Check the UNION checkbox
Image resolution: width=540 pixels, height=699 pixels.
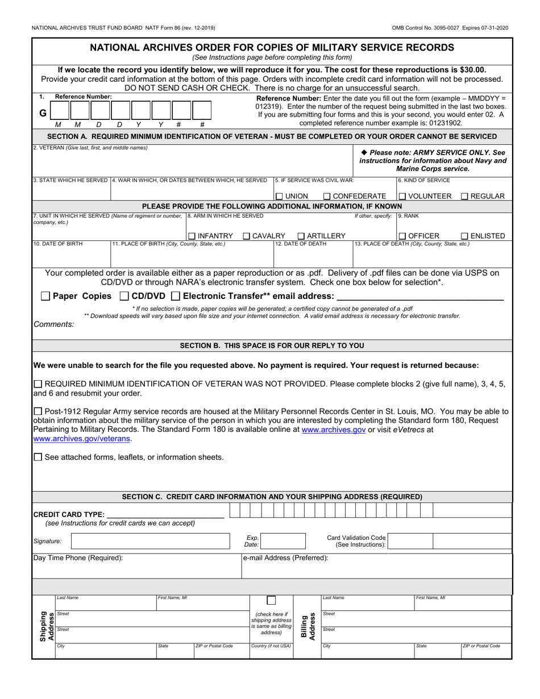click(x=279, y=197)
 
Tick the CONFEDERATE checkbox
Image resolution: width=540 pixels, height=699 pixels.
click(x=326, y=197)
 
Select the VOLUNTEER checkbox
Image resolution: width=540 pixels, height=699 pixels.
click(x=402, y=197)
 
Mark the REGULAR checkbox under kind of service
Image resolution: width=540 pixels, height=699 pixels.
click(x=464, y=197)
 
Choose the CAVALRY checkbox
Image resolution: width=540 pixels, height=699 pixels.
click(x=247, y=236)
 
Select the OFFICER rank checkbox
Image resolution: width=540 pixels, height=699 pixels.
click(x=402, y=236)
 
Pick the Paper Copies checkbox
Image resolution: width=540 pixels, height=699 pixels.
click(x=45, y=296)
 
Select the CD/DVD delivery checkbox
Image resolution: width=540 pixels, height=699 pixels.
click(x=124, y=296)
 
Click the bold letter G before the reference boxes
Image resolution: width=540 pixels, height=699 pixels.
click(x=43, y=113)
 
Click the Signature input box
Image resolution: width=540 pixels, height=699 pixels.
click(x=153, y=542)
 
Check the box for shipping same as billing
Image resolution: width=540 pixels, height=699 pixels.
click(x=271, y=601)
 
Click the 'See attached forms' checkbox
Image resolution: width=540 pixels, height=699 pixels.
click(x=38, y=457)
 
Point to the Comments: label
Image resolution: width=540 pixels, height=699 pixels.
click(x=54, y=324)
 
